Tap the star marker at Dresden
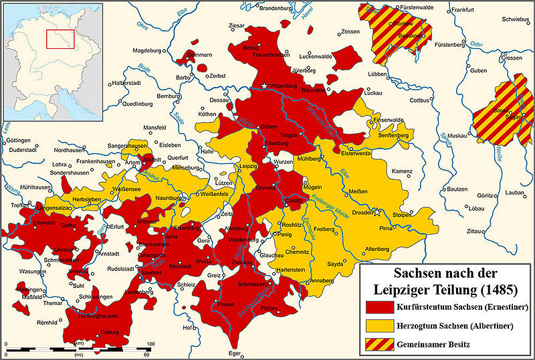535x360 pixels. [379, 213]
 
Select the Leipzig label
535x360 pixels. [249, 164]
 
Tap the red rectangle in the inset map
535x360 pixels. [60, 39]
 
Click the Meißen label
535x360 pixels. [360, 192]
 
